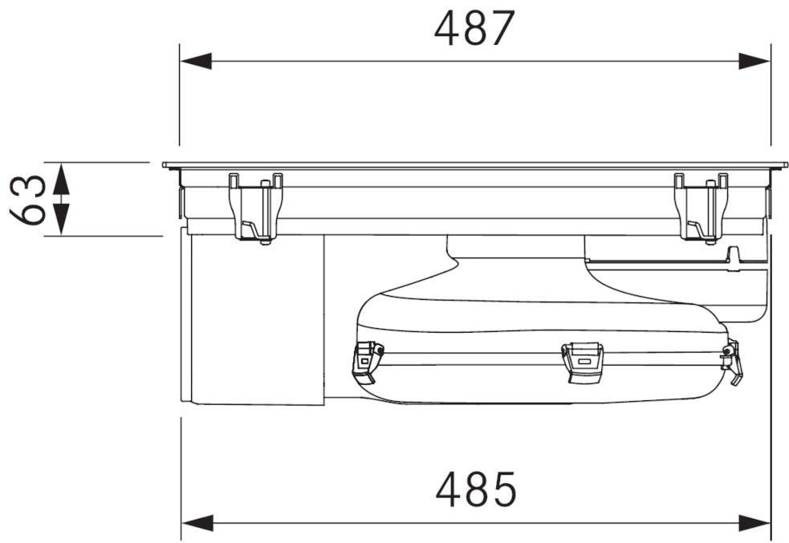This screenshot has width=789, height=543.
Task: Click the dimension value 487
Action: (474, 30)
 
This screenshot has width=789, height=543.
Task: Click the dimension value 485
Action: (475, 490)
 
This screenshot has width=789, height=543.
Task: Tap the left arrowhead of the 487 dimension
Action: (196, 61)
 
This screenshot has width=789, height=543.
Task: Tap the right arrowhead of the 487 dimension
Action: (754, 61)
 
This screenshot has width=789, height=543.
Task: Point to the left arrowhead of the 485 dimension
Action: (198, 524)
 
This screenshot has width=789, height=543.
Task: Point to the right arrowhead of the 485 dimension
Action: (754, 524)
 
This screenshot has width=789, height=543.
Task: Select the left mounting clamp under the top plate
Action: (255, 208)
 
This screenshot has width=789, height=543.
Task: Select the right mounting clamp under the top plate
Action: (701, 208)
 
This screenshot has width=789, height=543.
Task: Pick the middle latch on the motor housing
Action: (582, 361)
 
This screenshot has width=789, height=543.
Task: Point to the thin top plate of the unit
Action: (474, 165)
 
